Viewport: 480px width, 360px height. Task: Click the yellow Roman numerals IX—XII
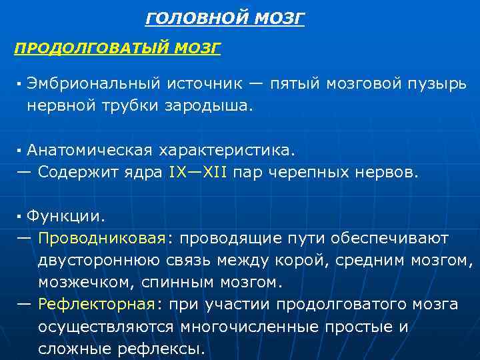[198, 172]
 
